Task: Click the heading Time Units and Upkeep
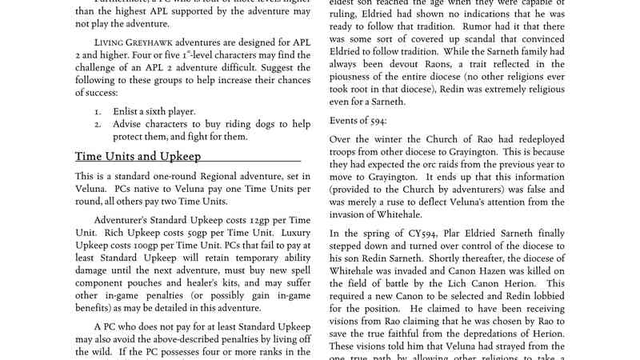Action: coord(138,156)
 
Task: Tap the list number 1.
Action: coord(97,111)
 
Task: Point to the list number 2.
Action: coord(97,124)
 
